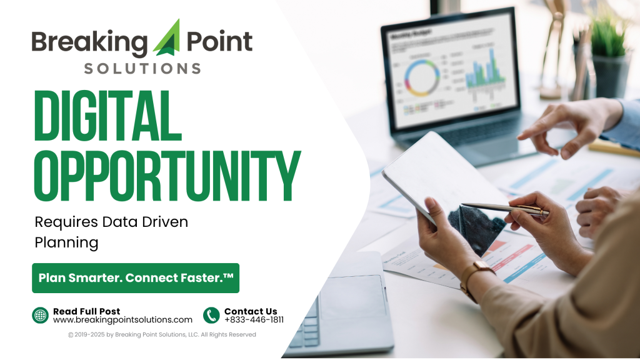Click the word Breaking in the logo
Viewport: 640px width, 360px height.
[89, 42]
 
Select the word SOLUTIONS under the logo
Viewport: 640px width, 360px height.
[142, 67]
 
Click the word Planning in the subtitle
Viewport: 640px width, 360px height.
[66, 242]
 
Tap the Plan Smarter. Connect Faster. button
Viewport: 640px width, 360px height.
[136, 277]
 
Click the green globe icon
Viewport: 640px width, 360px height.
[40, 316]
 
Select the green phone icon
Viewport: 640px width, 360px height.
[211, 316]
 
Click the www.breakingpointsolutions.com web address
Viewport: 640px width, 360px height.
[122, 320]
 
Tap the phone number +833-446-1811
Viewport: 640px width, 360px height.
[254, 320]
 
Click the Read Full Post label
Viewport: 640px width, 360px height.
[86, 311]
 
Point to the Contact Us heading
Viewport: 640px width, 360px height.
[251, 311]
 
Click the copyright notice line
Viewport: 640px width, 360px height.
[162, 335]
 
